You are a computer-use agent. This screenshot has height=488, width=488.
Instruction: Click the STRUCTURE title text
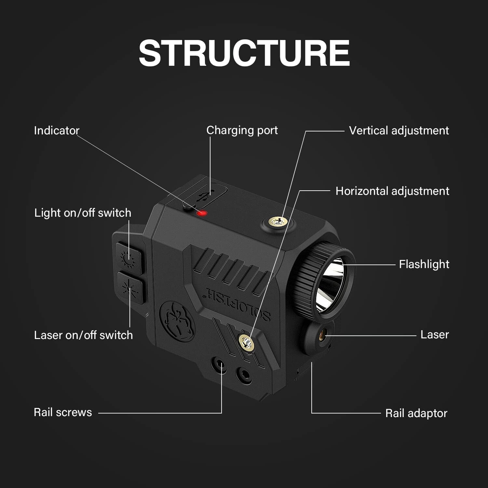(x=244, y=53)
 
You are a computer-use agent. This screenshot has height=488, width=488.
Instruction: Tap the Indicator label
(x=57, y=130)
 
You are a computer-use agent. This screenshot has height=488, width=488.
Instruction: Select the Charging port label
(x=242, y=130)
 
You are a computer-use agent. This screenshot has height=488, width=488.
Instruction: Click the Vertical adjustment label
(x=399, y=130)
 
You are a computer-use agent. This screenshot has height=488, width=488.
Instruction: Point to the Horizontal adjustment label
(x=392, y=191)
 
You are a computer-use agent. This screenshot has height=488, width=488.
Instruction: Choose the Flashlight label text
(x=424, y=264)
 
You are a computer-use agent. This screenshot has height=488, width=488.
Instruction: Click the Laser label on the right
(x=434, y=334)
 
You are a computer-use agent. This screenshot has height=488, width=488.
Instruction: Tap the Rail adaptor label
(x=416, y=413)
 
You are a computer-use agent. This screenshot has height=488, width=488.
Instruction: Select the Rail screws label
(x=63, y=412)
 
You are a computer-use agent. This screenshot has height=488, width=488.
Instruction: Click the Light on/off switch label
(x=83, y=213)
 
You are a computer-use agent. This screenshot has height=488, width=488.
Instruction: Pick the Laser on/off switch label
(x=83, y=335)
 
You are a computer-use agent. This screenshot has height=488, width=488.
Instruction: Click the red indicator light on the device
(x=202, y=213)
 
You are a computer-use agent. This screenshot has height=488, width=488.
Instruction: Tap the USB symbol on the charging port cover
(x=204, y=196)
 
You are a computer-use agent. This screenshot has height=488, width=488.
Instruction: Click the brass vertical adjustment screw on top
(x=278, y=223)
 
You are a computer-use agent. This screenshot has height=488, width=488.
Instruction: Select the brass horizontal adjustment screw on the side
(x=246, y=341)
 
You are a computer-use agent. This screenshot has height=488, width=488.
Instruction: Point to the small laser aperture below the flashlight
(x=323, y=333)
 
